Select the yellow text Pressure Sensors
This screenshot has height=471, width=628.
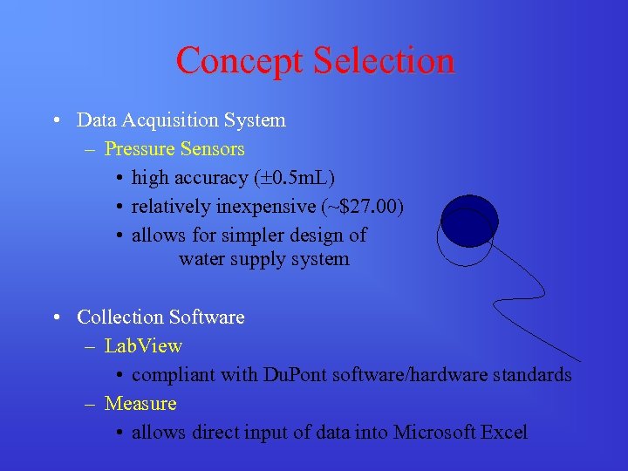pyautogui.click(x=174, y=149)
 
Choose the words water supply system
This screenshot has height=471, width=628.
pyautogui.click(x=263, y=259)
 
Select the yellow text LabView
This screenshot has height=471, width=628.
pyautogui.click(x=143, y=346)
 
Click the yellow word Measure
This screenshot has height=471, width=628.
pyautogui.click(x=140, y=404)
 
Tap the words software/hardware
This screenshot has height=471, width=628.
pyautogui.click(x=418, y=375)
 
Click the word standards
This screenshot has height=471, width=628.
pyautogui.click(x=533, y=375)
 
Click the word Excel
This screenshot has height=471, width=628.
pyautogui.click(x=504, y=432)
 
